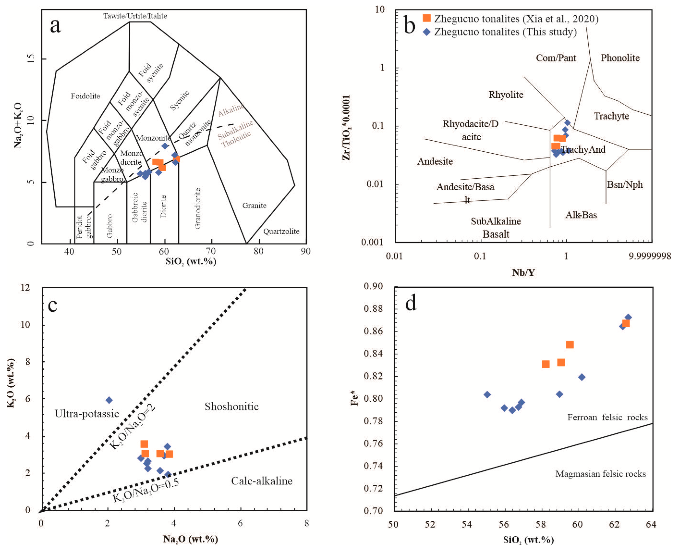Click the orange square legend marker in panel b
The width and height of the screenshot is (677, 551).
427,18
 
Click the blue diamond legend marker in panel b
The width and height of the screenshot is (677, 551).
427,32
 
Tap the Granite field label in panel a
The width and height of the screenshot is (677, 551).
254,205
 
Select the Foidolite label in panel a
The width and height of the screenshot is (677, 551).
85,96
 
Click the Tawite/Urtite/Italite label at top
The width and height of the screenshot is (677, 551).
135,16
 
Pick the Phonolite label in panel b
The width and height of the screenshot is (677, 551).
620,58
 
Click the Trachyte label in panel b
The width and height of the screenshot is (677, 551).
611,116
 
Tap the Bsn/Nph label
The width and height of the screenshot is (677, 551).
625,184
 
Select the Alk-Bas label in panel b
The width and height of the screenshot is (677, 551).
581,215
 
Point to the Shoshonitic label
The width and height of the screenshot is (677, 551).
231,406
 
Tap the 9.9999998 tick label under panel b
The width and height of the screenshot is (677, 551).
649,256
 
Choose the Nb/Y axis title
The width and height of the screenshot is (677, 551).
523,272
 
